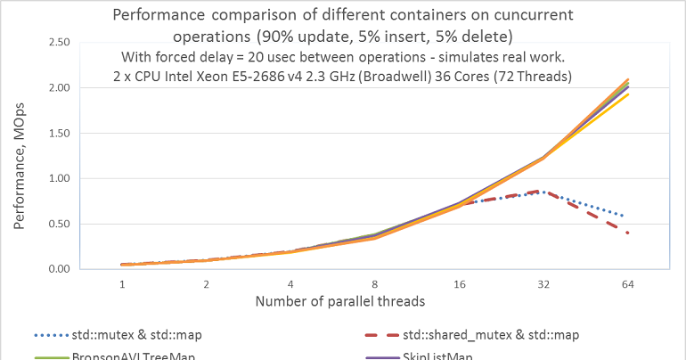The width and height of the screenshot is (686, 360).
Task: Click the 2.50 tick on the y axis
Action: (59, 42)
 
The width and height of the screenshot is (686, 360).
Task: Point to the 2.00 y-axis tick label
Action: (59, 87)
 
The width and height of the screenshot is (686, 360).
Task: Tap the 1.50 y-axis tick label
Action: (59, 133)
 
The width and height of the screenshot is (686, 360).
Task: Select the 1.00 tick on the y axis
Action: (59, 178)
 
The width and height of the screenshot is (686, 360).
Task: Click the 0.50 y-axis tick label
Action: (59, 224)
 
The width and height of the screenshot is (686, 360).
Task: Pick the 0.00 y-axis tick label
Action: (59, 269)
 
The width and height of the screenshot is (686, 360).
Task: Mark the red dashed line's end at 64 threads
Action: (628, 233)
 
